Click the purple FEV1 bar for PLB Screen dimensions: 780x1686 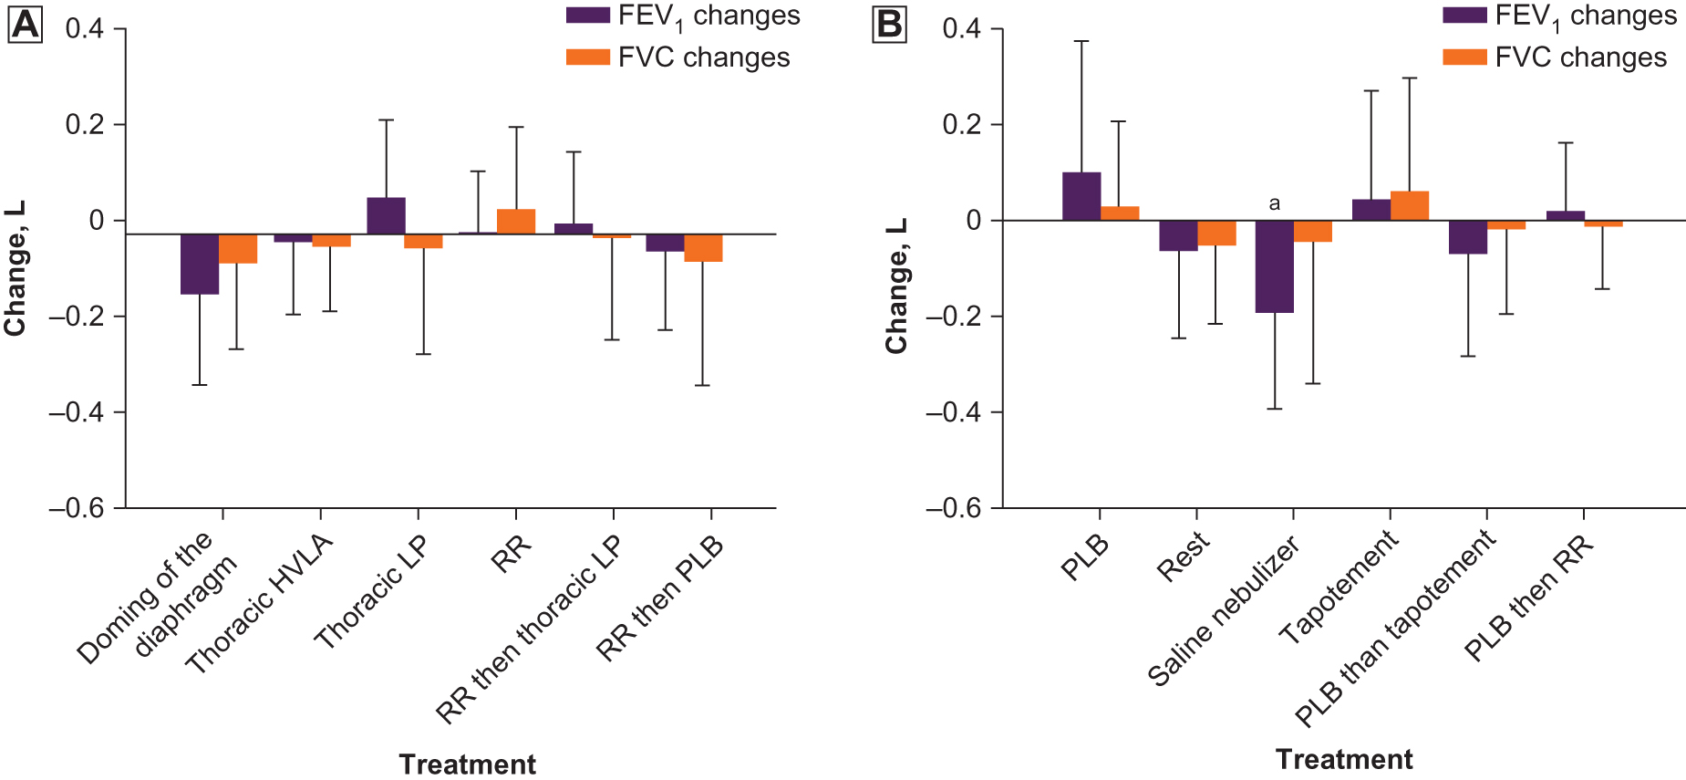pyautogui.click(x=1081, y=196)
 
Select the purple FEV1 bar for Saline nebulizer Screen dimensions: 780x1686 pyautogui.click(x=1274, y=266)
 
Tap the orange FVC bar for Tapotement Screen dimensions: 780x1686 pyautogui.click(x=1409, y=206)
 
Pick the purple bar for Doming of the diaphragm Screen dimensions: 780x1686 pyautogui.click(x=199, y=264)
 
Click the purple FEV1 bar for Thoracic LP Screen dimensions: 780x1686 pyautogui.click(x=386, y=215)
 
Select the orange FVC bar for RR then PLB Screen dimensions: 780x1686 pyautogui.click(x=703, y=248)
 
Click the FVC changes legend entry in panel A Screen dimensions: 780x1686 pyautogui.click(x=678, y=57)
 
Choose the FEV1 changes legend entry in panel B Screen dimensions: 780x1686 pyautogui.click(x=1560, y=16)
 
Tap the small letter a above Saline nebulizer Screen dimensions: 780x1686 pyautogui.click(x=1274, y=203)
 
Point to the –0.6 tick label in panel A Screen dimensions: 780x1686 pyautogui.click(x=77, y=508)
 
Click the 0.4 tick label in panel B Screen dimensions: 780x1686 pyautogui.click(x=961, y=29)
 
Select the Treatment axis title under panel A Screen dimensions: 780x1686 pyautogui.click(x=467, y=764)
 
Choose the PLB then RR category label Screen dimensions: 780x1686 pyautogui.click(x=1528, y=598)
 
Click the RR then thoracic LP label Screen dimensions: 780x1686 pyautogui.click(x=528, y=629)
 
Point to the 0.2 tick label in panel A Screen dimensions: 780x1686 pyautogui.click(x=84, y=125)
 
